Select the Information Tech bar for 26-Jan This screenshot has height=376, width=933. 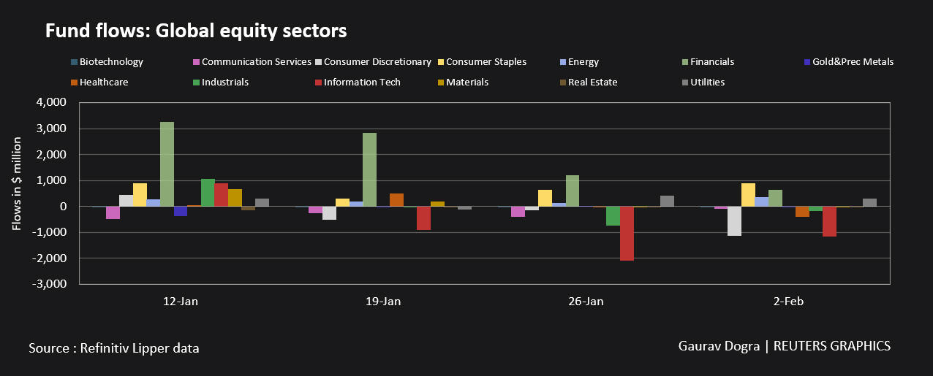pyautogui.click(x=627, y=234)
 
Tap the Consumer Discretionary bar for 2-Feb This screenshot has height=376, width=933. pyautogui.click(x=734, y=221)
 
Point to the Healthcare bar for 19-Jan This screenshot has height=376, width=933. pyautogui.click(x=396, y=200)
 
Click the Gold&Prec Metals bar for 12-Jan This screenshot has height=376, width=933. pyautogui.click(x=181, y=212)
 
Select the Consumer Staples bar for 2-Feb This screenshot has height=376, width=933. pyautogui.click(x=748, y=195)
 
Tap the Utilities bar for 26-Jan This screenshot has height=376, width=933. pyautogui.click(x=667, y=202)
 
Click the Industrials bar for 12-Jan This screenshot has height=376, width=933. pyautogui.click(x=208, y=193)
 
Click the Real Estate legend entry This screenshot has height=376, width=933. pyautogui.click(x=592, y=83)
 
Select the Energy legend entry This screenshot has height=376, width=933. pyautogui.click(x=583, y=62)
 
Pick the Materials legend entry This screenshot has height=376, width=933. pyautogui.click(x=466, y=83)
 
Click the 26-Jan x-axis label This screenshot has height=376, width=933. pyautogui.click(x=586, y=302)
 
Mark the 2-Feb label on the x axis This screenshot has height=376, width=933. pyautogui.click(x=788, y=302)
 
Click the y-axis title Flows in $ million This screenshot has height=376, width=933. pyautogui.click(x=17, y=193)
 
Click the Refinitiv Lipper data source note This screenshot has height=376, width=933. pyautogui.click(x=114, y=348)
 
